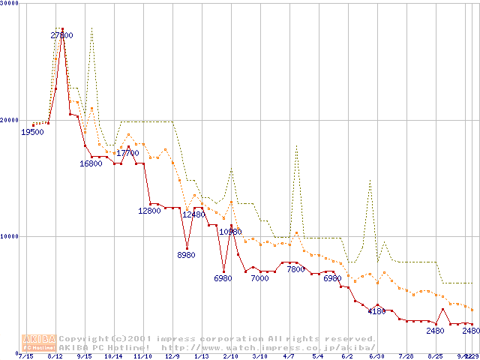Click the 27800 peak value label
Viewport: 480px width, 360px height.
pyautogui.click(x=62, y=35)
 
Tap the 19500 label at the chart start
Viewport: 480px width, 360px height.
pyautogui.click(x=32, y=132)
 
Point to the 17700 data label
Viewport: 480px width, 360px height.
pyautogui.click(x=127, y=153)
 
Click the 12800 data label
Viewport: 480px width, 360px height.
pyautogui.click(x=149, y=211)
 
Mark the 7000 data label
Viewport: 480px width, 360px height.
pyautogui.click(x=259, y=278)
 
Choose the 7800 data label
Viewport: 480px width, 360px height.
pyautogui.click(x=295, y=269)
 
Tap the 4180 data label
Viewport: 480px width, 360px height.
pyautogui.click(x=376, y=311)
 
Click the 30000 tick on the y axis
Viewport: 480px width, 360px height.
pyautogui.click(x=10, y=4)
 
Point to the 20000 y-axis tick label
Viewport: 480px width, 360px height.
pyautogui.click(x=10, y=120)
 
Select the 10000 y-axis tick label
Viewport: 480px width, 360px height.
pyautogui.click(x=10, y=236)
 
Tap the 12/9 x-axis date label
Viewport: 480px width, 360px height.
pyautogui.click(x=172, y=357)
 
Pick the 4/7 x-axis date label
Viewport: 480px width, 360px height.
pyautogui.click(x=289, y=357)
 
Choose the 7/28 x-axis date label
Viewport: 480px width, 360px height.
pyautogui.click(x=406, y=357)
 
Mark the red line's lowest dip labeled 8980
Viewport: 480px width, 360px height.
pyautogui.click(x=187, y=247)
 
